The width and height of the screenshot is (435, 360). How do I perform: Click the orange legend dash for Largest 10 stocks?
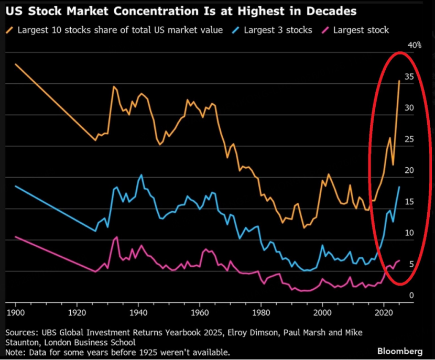point(10,30)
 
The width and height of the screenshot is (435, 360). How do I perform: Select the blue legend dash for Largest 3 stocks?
point(235,30)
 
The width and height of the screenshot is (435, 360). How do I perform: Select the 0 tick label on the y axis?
point(411,296)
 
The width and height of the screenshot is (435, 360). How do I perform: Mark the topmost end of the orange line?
point(399,81)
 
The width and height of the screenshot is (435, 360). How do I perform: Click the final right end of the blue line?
point(399,187)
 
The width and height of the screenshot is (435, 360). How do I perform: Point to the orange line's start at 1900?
point(16,64)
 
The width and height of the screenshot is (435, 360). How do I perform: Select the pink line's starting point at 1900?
point(16,237)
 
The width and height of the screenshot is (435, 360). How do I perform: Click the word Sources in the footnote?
point(23,333)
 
